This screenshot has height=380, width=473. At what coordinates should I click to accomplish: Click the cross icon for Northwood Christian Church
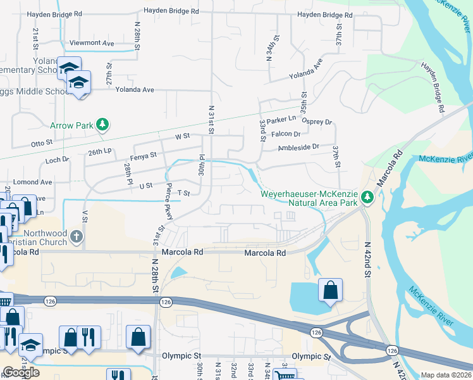tap(77, 237)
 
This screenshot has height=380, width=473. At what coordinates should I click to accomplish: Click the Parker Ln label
tap(282, 118)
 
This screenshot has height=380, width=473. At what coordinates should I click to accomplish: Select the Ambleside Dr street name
tap(299, 147)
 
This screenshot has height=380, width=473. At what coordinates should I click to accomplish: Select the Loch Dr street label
tap(57, 161)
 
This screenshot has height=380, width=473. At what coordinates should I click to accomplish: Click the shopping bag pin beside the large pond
tap(330, 291)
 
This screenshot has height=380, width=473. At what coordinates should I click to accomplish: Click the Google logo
tap(21, 372)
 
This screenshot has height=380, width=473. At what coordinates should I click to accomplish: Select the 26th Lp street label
tap(99, 153)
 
